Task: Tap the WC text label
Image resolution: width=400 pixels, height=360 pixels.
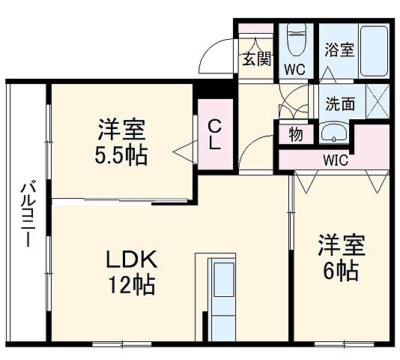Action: [x=295, y=70]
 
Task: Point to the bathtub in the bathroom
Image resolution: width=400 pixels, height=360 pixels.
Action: [x=372, y=49]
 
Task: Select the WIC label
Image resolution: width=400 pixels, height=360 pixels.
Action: [x=335, y=159]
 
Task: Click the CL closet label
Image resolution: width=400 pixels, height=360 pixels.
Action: [x=214, y=134]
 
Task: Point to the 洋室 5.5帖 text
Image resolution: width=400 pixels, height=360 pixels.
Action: [x=121, y=142]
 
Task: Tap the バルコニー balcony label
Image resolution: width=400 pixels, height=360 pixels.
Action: [x=25, y=213]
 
